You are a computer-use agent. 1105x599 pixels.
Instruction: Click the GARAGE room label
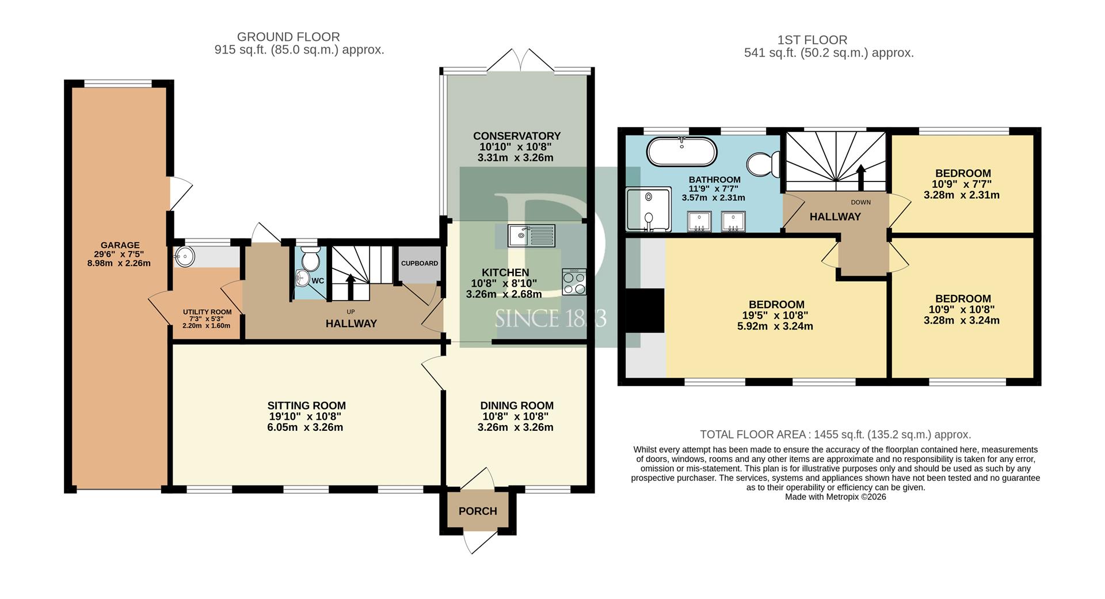tap(120, 245)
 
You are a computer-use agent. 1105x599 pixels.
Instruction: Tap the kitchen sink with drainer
tap(531, 236)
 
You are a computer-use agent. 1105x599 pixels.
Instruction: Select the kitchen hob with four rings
tap(574, 282)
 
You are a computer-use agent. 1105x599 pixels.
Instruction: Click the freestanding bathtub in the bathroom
tap(682, 152)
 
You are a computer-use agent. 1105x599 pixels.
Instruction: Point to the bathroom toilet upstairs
tap(763, 164)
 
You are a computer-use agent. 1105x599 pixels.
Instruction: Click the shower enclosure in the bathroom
tap(649, 209)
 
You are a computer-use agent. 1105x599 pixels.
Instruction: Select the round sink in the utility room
tap(185, 257)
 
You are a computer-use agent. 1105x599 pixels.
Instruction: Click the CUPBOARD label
tap(420, 263)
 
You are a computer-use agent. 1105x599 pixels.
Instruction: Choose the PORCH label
tap(478, 511)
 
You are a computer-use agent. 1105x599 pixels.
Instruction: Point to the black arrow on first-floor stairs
tap(861, 177)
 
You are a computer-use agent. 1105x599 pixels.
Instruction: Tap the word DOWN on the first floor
tap(861, 202)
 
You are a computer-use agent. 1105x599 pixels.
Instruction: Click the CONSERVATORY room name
tap(517, 136)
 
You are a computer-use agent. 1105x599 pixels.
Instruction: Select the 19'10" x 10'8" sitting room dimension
tap(306, 416)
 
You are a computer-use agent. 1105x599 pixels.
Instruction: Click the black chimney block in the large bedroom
tap(645, 310)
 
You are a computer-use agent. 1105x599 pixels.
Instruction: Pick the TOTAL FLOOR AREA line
tap(835, 435)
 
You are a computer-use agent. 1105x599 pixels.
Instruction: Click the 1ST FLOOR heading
tap(812, 40)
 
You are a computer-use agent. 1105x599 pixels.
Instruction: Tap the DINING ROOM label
tap(517, 405)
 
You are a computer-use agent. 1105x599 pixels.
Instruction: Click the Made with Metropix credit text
tap(836, 497)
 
